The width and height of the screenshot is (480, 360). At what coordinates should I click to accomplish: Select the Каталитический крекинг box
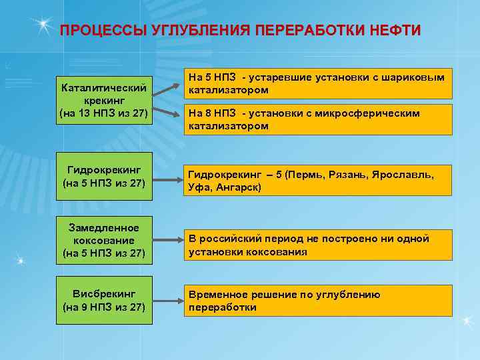104,100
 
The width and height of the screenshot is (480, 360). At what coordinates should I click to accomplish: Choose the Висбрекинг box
104,300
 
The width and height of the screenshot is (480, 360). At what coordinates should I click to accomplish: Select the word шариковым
416,78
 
